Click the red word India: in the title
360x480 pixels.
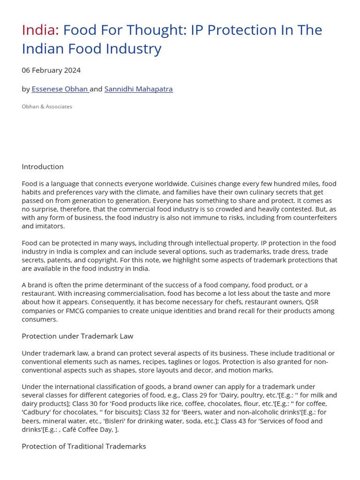point(40,30)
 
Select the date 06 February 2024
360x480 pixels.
point(51,70)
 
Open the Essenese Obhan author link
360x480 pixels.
point(60,89)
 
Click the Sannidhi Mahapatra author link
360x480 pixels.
point(138,89)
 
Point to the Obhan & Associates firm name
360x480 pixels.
point(47,106)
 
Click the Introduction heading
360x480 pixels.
point(43,166)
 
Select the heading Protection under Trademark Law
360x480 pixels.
point(77,336)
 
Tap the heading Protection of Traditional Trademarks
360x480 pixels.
point(84,446)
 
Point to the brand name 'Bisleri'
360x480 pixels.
point(98,420)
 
